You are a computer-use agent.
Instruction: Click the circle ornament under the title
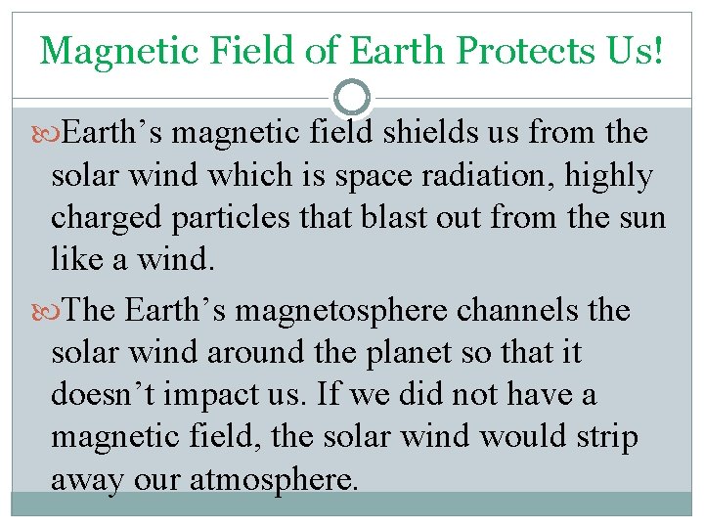[351, 98]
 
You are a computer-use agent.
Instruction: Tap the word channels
[528, 311]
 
